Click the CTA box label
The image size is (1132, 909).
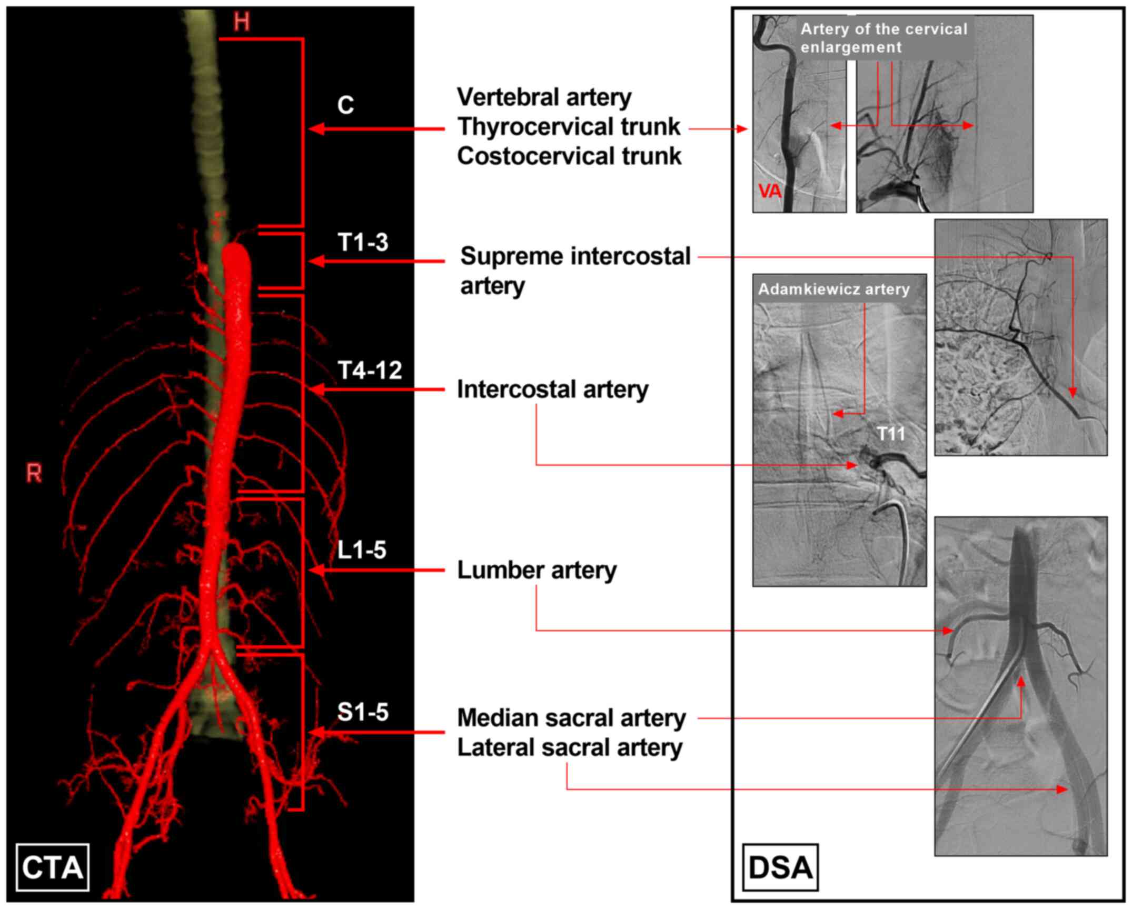pyautogui.click(x=52, y=867)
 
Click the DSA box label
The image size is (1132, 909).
pyautogui.click(x=780, y=867)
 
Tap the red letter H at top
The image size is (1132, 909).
pyautogui.click(x=242, y=22)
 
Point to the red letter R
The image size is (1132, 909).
pyautogui.click(x=34, y=474)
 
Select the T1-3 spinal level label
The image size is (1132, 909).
pyautogui.click(x=363, y=242)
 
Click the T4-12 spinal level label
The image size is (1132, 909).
pyautogui.click(x=370, y=371)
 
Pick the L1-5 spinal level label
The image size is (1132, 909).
pyautogui.click(x=362, y=550)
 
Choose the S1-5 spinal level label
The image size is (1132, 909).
pyautogui.click(x=363, y=712)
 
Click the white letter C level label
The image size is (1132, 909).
pyautogui.click(x=345, y=105)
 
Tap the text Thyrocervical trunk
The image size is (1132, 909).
pyautogui.click(x=569, y=127)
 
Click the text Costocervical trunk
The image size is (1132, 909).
pyautogui.click(x=569, y=156)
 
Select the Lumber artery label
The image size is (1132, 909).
pyautogui.click(x=537, y=570)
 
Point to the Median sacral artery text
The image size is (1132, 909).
pyautogui.click(x=571, y=718)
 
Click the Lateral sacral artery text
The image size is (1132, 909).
pyautogui.click(x=570, y=747)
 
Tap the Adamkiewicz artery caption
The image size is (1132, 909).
pyautogui.click(x=834, y=289)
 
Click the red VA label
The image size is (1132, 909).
pyautogui.click(x=769, y=191)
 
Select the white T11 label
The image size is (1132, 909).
pyautogui.click(x=891, y=434)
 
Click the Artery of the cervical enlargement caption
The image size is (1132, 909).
pyautogui.click(x=884, y=38)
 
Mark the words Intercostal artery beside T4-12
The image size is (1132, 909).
pyautogui.click(x=553, y=389)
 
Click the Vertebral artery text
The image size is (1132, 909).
pyautogui.click(x=544, y=97)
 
